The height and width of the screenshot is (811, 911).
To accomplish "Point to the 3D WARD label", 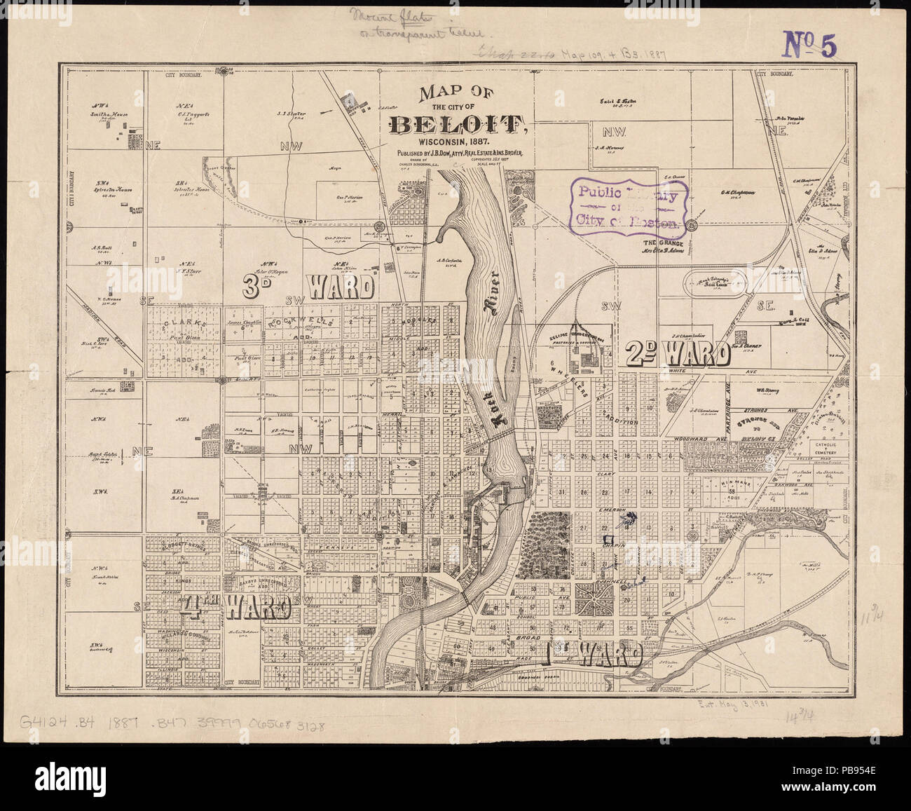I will click(308, 286).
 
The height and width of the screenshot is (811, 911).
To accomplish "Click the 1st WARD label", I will click(594, 655).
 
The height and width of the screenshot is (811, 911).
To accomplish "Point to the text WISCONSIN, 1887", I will click(459, 143).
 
